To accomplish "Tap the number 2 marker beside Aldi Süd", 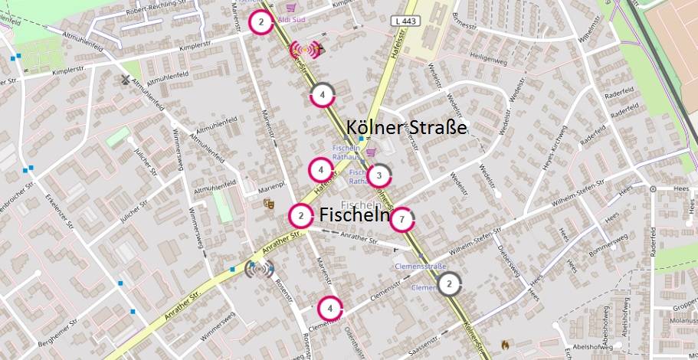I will pos(261,22).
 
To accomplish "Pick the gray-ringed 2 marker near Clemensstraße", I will pos(450,285).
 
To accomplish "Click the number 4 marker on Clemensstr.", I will pos(329,308).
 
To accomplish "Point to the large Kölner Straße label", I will pos(406,126).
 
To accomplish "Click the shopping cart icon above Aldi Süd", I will pos(290,6).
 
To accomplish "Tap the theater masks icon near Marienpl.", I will pos(268,204).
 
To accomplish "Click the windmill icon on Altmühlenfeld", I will pos(126,79).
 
